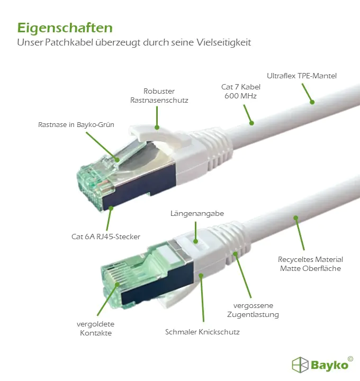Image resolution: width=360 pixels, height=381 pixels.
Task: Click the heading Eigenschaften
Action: pyautogui.click(x=65, y=29)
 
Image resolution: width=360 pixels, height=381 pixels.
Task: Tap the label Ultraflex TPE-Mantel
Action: pyautogui.click(x=302, y=76)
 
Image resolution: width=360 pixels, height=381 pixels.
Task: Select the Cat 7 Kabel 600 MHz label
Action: pyautogui.click(x=241, y=92)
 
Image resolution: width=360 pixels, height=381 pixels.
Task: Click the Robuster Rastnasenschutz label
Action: pyautogui.click(x=159, y=95)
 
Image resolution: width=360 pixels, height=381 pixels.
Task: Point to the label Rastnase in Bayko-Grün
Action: pyautogui.click(x=76, y=125)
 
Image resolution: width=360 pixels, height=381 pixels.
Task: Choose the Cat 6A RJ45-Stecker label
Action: pyautogui.click(x=106, y=237)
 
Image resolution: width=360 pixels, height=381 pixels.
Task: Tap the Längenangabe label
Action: pyautogui.click(x=197, y=214)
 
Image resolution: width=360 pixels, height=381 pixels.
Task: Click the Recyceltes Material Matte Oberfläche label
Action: pyautogui.click(x=310, y=264)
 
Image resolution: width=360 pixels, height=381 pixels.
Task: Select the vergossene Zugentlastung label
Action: pyautogui.click(x=253, y=310)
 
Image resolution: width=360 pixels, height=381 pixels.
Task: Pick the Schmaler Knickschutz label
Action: pyautogui.click(x=202, y=332)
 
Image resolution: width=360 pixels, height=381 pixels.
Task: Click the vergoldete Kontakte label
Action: pyautogui.click(x=95, y=329)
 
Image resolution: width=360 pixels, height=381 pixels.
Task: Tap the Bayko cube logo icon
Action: pyautogui.click(x=300, y=365)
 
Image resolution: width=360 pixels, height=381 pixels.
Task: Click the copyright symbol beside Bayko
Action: pyautogui.click(x=350, y=359)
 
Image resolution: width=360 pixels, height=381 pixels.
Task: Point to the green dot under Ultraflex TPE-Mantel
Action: pyautogui.click(x=312, y=102)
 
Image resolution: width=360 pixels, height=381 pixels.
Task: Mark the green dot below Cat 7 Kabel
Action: pyautogui.click(x=252, y=123)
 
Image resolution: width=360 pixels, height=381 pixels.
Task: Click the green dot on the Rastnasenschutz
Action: pyautogui.click(x=157, y=127)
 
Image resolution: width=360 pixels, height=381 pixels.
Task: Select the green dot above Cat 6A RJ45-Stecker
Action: pyautogui.click(x=111, y=208)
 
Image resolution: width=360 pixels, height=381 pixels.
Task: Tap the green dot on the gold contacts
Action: pyautogui.click(x=118, y=284)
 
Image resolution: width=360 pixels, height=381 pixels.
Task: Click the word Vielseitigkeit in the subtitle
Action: pyautogui.click(x=223, y=42)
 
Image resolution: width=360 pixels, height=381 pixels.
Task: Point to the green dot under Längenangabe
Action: pyautogui.click(x=195, y=241)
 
